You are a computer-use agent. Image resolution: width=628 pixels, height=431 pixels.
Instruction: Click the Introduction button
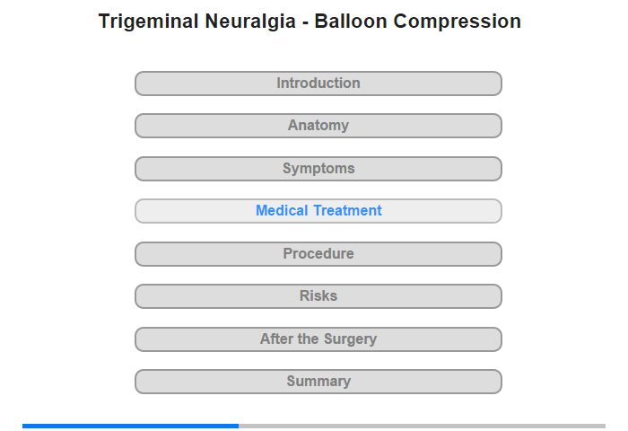(318, 84)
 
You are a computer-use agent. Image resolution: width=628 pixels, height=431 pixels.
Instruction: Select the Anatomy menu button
(318, 126)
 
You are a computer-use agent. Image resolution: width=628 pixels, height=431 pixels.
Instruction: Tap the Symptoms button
(318, 169)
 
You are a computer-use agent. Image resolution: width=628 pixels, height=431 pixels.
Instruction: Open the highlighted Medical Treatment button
(318, 211)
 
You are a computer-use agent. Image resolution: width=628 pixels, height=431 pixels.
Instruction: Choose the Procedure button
(318, 254)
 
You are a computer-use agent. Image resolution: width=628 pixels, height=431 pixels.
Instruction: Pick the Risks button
(318, 296)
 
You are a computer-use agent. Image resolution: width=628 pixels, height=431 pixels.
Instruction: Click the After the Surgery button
(318, 339)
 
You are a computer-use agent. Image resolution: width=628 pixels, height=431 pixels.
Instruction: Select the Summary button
(318, 382)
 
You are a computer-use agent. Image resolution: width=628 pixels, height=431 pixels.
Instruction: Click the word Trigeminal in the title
(149, 22)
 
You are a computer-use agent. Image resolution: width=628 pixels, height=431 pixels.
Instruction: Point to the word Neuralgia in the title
(250, 22)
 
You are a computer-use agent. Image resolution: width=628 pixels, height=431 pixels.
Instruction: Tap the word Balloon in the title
(351, 22)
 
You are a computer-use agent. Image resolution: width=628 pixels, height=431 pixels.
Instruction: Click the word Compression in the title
(457, 22)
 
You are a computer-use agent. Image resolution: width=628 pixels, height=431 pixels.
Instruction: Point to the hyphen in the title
(305, 23)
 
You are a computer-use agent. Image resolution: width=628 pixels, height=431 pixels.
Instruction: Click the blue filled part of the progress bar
(131, 426)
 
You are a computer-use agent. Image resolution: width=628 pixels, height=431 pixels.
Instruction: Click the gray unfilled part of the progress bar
(423, 426)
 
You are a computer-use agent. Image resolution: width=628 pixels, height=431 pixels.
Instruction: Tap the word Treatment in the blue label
(348, 210)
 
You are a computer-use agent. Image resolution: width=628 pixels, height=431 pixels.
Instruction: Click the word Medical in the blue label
(282, 210)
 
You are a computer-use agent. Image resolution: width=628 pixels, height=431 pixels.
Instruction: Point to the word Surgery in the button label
(351, 339)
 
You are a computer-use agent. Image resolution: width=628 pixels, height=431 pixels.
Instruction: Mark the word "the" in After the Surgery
(308, 339)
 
